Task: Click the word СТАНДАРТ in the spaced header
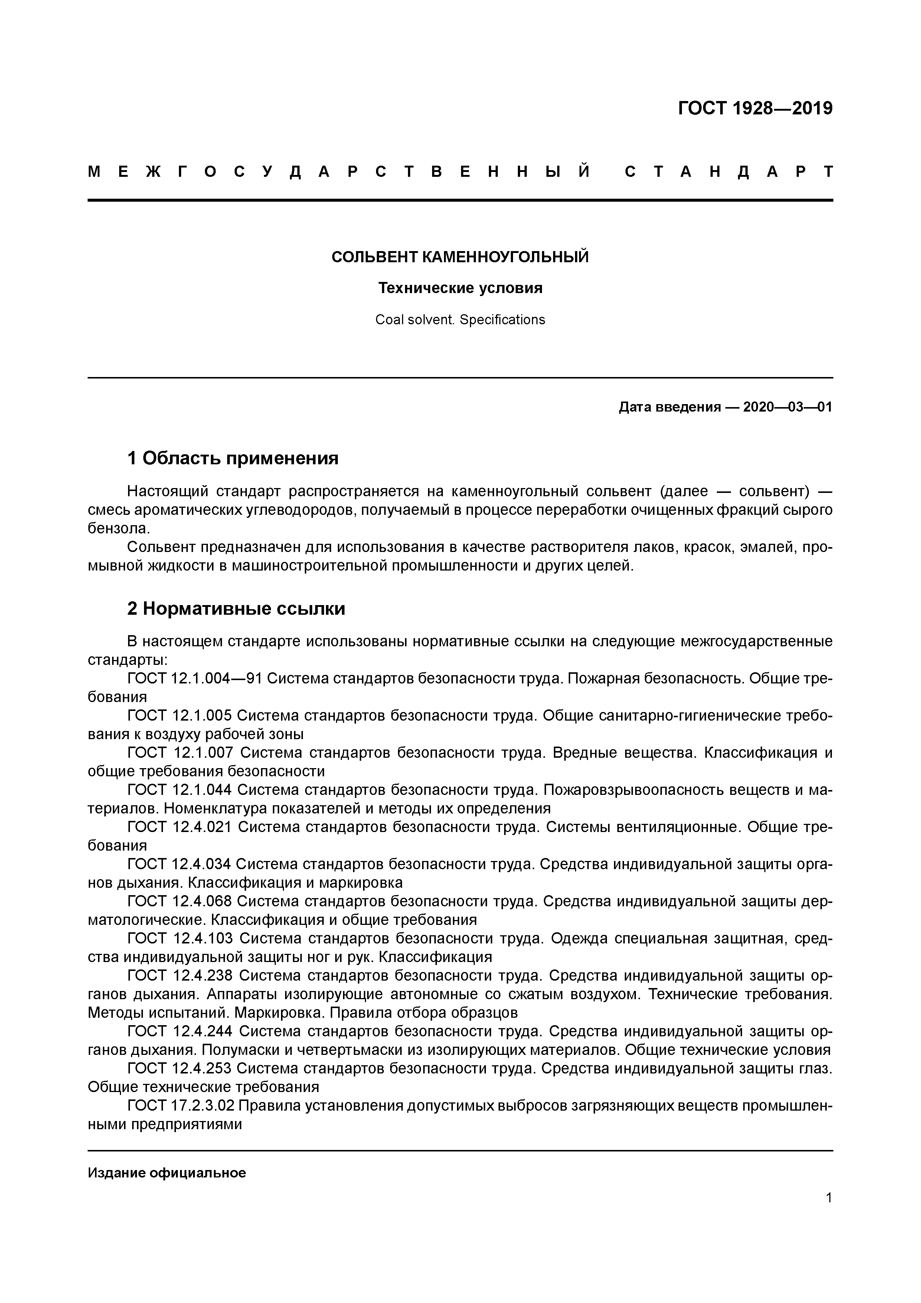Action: click(729, 172)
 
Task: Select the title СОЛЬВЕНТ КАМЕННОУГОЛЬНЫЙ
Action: click(460, 257)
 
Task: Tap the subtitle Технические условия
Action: click(460, 288)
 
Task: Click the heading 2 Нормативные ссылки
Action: click(236, 609)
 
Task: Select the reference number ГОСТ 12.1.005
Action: click(180, 716)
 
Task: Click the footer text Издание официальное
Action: click(167, 1173)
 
